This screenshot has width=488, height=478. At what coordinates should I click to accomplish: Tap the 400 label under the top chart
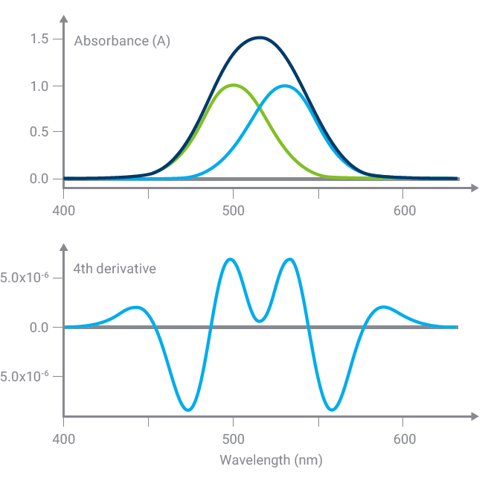[x=64, y=211]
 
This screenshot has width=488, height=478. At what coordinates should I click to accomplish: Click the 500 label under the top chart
[x=234, y=211]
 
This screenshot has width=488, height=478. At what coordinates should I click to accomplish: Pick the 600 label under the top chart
[x=404, y=211]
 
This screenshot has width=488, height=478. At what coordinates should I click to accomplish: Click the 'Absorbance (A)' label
[x=122, y=41]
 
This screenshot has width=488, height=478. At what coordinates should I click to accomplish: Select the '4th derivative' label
[x=115, y=268]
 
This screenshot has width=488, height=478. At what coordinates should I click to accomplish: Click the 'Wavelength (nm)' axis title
[x=272, y=460]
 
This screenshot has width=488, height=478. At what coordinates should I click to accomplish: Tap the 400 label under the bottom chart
[x=64, y=439]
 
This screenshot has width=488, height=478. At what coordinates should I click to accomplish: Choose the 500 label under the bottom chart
[x=234, y=439]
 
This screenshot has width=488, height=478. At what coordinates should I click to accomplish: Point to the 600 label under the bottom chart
[x=404, y=439]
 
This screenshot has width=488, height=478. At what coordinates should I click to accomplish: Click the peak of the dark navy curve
[x=259, y=37]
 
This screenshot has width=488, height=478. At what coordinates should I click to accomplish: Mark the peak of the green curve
[x=234, y=85]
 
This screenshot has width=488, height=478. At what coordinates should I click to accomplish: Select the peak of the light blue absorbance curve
[x=285, y=86]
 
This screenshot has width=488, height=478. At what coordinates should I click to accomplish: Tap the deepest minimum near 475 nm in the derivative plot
[x=188, y=410]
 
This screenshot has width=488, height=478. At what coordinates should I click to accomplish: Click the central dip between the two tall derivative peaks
[x=259, y=321]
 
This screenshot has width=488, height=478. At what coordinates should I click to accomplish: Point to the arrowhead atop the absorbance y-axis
[x=64, y=16]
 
